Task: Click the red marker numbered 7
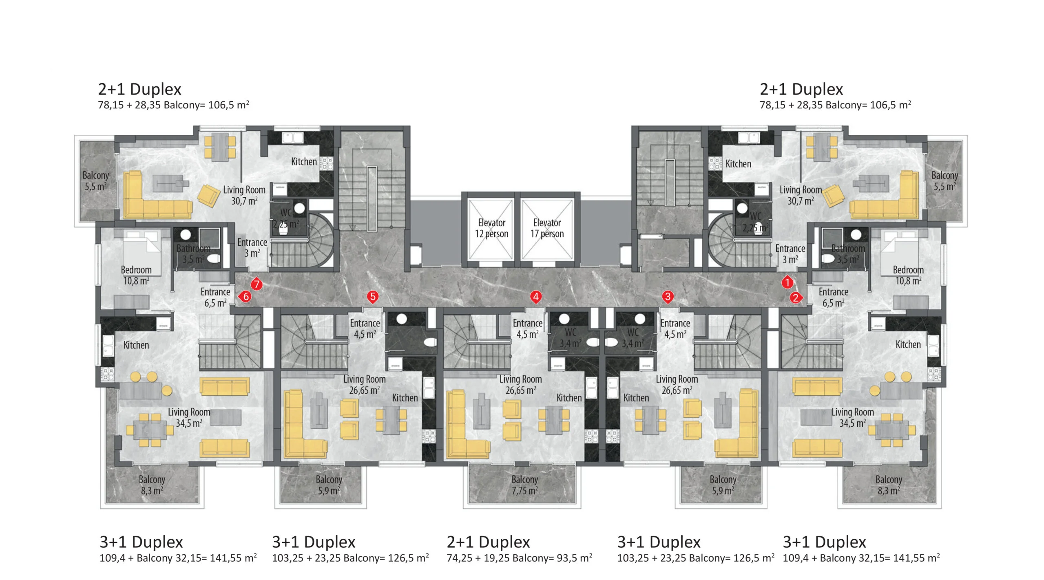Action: pyautogui.click(x=256, y=284)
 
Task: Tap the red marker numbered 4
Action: pyautogui.click(x=536, y=297)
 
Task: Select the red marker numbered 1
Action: pyautogui.click(x=787, y=282)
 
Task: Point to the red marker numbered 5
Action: pyautogui.click(x=372, y=297)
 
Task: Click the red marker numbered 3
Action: pyautogui.click(x=668, y=297)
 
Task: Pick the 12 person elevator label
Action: pyautogui.click(x=491, y=228)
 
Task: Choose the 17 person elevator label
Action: pyautogui.click(x=547, y=228)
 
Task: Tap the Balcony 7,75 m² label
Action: pyautogui.click(x=525, y=485)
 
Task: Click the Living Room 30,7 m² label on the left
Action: pyautogui.click(x=244, y=195)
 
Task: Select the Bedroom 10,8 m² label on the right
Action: pyautogui.click(x=908, y=275)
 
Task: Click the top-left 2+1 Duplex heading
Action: pyautogui.click(x=139, y=89)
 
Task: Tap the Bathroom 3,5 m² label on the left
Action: pyautogui.click(x=193, y=254)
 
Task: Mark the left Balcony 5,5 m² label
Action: pyautogui.click(x=95, y=181)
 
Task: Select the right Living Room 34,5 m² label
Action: pyautogui.click(x=853, y=417)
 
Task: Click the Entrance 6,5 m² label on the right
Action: pyautogui.click(x=833, y=297)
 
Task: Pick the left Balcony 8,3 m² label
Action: pyautogui.click(x=152, y=485)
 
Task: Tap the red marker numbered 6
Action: pyautogui.click(x=246, y=296)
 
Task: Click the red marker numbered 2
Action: pyautogui.click(x=796, y=298)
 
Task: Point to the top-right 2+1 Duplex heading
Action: pyautogui.click(x=801, y=89)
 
